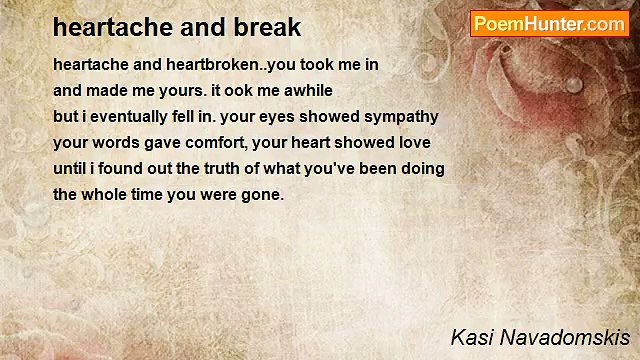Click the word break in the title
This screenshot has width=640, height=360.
[x=264, y=27]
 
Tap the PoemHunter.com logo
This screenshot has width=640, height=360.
[x=549, y=24]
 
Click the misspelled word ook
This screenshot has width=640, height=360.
[x=238, y=90]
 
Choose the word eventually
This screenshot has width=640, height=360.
[x=125, y=116]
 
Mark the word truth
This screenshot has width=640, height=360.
[x=243, y=168]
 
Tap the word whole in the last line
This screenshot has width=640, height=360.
[x=107, y=194]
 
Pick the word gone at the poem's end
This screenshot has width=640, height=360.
[x=262, y=194]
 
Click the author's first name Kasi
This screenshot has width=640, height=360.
[x=469, y=337]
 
